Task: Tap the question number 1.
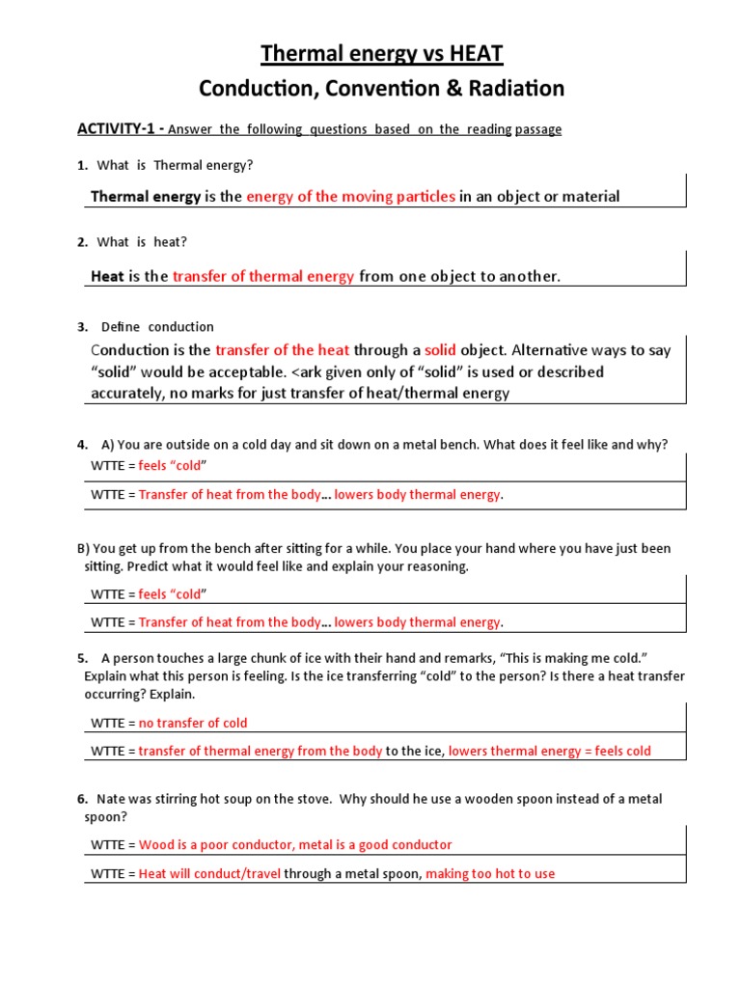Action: tap(81, 165)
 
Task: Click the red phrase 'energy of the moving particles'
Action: tap(350, 197)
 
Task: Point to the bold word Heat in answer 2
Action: tap(107, 277)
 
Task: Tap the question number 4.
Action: tap(81, 445)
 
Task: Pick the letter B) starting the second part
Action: tap(84, 548)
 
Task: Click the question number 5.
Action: tap(82, 659)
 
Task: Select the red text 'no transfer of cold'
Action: tap(193, 723)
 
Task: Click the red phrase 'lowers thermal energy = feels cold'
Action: tap(550, 751)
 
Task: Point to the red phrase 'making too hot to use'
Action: tap(490, 873)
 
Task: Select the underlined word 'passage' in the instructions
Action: tap(538, 129)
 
